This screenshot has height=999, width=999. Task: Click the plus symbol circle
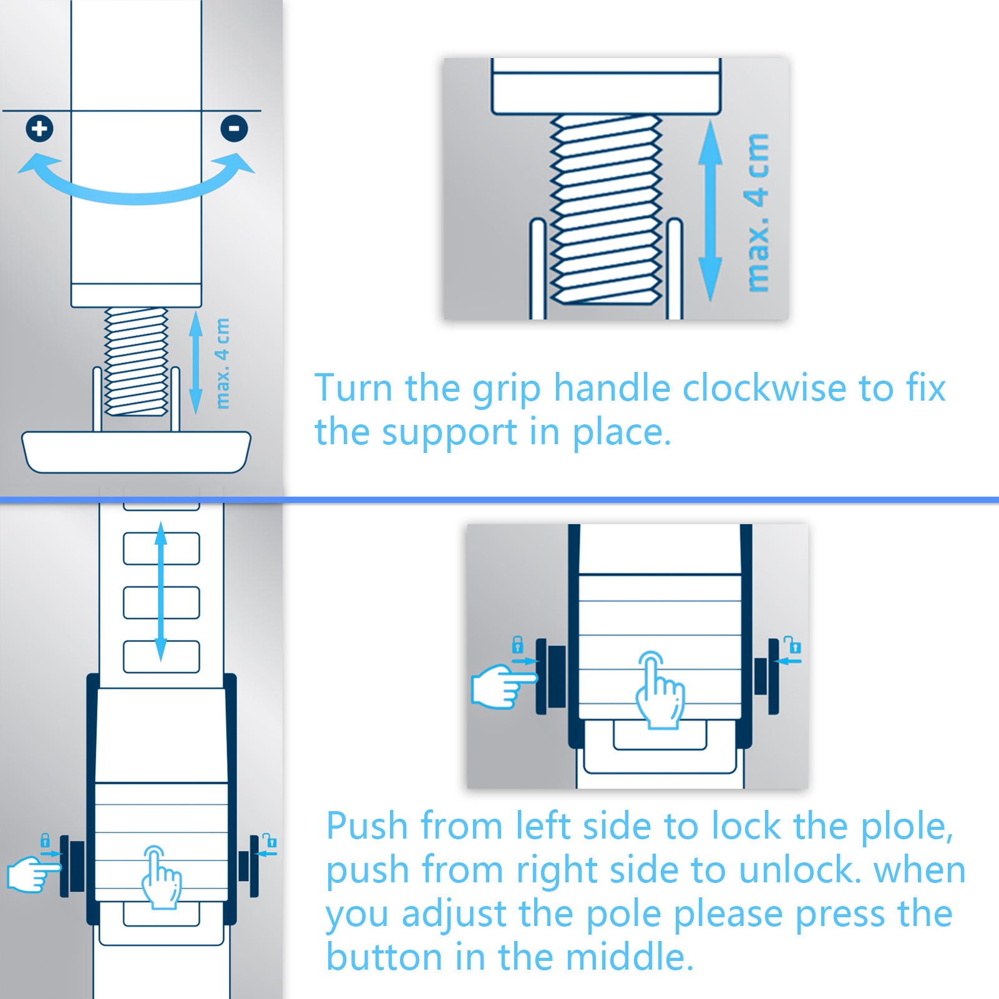coord(39,129)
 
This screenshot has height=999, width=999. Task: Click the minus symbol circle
coord(234,129)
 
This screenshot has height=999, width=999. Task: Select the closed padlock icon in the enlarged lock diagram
coord(517,644)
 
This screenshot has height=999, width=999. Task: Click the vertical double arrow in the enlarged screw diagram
coord(710,211)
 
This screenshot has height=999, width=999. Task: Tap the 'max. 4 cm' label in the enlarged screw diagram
coord(758,212)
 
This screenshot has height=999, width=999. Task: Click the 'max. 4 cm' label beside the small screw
coord(222,364)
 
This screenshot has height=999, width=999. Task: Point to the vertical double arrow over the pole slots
coord(161,592)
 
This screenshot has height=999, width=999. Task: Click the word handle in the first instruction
coord(612,388)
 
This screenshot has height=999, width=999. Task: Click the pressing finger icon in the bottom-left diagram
coord(161,877)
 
